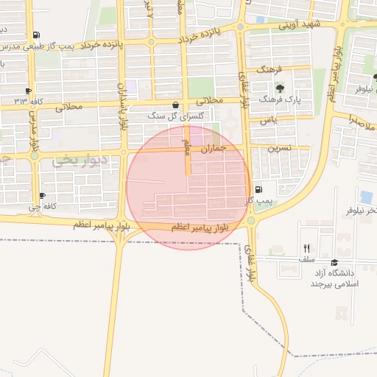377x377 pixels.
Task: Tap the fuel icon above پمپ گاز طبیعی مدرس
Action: (x=37, y=35)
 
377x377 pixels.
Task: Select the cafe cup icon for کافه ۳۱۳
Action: (x=29, y=91)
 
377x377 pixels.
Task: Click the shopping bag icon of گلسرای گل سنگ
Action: (x=175, y=105)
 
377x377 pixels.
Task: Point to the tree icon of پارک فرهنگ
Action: (x=280, y=88)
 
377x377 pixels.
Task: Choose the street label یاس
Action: (x=272, y=119)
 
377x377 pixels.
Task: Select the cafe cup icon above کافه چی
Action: (x=42, y=196)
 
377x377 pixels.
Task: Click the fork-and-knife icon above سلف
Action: (x=306, y=249)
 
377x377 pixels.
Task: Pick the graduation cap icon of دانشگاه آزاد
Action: (x=335, y=263)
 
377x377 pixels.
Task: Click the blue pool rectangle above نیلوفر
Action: (x=366, y=197)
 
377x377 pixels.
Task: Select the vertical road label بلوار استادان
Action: (x=122, y=103)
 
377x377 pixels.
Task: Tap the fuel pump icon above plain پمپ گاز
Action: (x=257, y=190)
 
